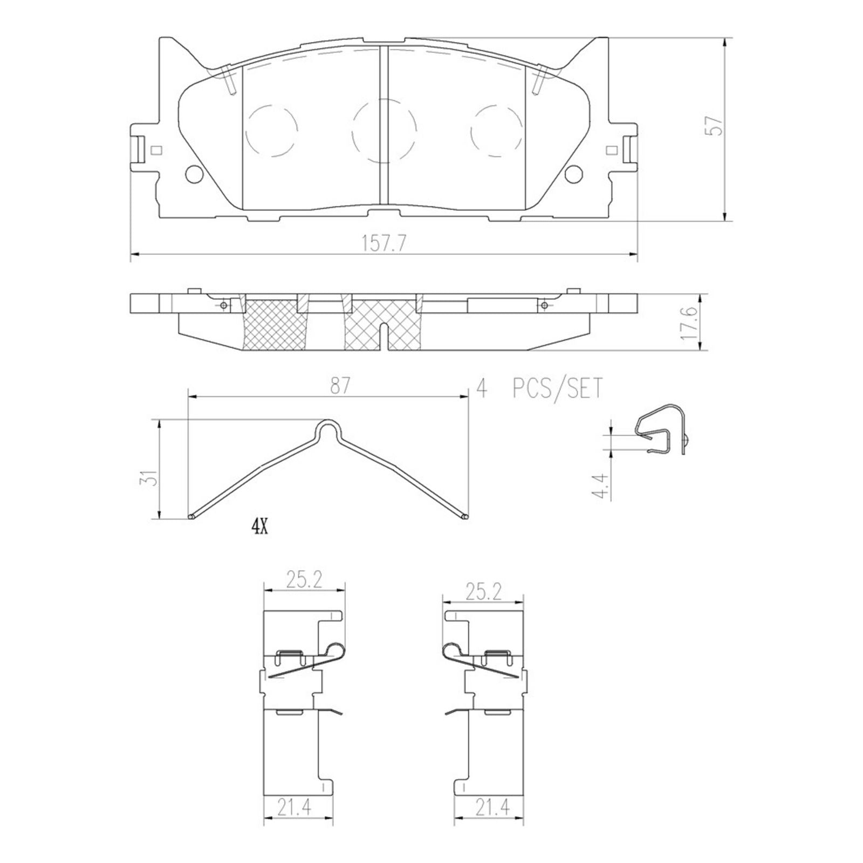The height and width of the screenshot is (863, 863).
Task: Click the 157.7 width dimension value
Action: click(x=383, y=244)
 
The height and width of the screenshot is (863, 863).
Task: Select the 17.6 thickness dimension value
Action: click(x=689, y=323)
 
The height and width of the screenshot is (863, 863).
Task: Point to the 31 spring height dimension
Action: click(x=153, y=478)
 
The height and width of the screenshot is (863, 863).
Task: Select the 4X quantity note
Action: click(x=259, y=528)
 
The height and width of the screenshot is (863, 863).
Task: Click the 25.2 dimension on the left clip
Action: click(x=304, y=581)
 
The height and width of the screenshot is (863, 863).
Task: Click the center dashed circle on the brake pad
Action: click(x=383, y=131)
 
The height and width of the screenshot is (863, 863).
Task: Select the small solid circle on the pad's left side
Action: click(x=193, y=173)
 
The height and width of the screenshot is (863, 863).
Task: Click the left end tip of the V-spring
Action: click(x=191, y=517)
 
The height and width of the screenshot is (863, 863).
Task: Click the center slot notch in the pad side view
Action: click(x=383, y=335)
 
